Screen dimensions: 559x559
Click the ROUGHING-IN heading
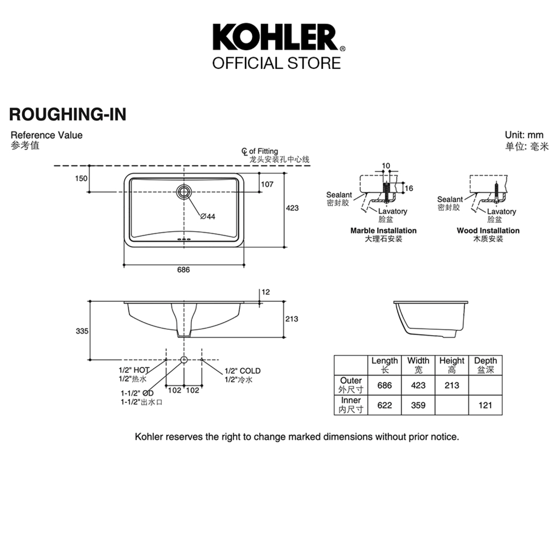pyautogui.click(x=68, y=115)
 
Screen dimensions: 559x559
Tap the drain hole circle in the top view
pyautogui.click(x=183, y=192)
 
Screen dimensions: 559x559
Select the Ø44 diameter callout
pyautogui.click(x=208, y=216)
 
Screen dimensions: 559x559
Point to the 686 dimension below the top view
pyautogui.click(x=183, y=270)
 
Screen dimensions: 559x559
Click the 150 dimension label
pyautogui.click(x=81, y=179)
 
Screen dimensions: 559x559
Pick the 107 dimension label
pyautogui.click(x=267, y=185)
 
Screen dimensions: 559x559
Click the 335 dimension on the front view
pyautogui.click(x=82, y=331)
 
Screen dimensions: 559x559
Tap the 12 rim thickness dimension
pyautogui.click(x=266, y=293)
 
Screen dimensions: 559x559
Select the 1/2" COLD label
pyautogui.click(x=242, y=371)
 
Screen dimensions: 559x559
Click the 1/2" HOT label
pyautogui.click(x=134, y=370)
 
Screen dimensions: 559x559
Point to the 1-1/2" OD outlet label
pyautogui.click(x=137, y=393)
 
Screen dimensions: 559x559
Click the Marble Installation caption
pyautogui.click(x=383, y=231)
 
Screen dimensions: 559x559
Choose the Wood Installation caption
pyautogui.click(x=488, y=231)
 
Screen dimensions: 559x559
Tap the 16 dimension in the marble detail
pyautogui.click(x=409, y=188)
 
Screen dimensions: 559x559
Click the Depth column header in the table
pyautogui.click(x=485, y=361)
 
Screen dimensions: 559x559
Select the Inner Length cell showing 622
pyautogui.click(x=385, y=406)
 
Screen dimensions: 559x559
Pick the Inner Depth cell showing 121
pyautogui.click(x=485, y=406)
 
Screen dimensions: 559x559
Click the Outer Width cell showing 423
pyautogui.click(x=418, y=385)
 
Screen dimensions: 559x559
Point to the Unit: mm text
pyautogui.click(x=524, y=135)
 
